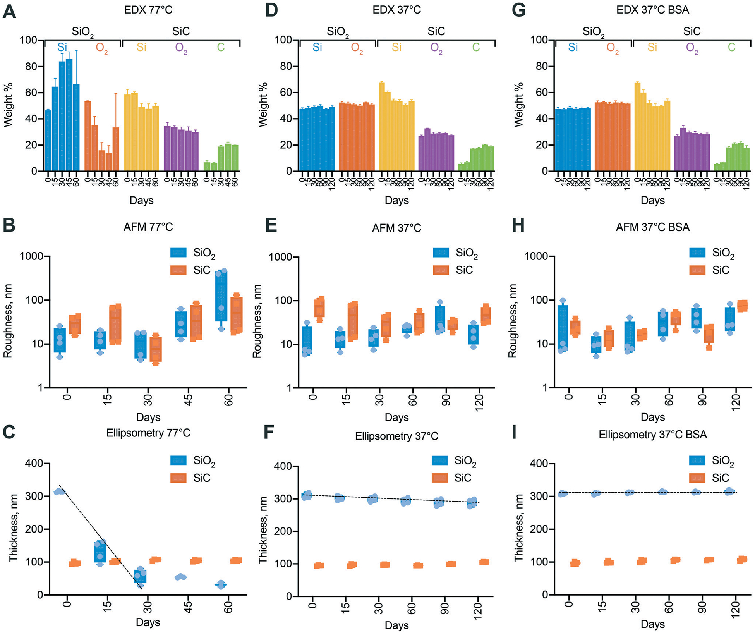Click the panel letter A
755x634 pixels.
pos(9,11)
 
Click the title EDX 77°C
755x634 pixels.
pos(148,10)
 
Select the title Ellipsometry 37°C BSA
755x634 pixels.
pos(652,435)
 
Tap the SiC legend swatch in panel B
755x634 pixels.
pos(178,270)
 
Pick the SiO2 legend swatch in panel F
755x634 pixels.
pos(440,460)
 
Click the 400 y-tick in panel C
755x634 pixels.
pos(35,463)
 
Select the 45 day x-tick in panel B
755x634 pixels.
pos(189,398)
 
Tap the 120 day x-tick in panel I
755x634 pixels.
pos(736,608)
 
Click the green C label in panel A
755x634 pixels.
pos(221,48)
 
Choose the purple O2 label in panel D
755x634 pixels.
pos(436,48)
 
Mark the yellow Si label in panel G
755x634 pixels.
pos(652,47)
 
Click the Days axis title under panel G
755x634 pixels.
pos(652,200)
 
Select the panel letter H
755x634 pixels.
pos(518,226)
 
